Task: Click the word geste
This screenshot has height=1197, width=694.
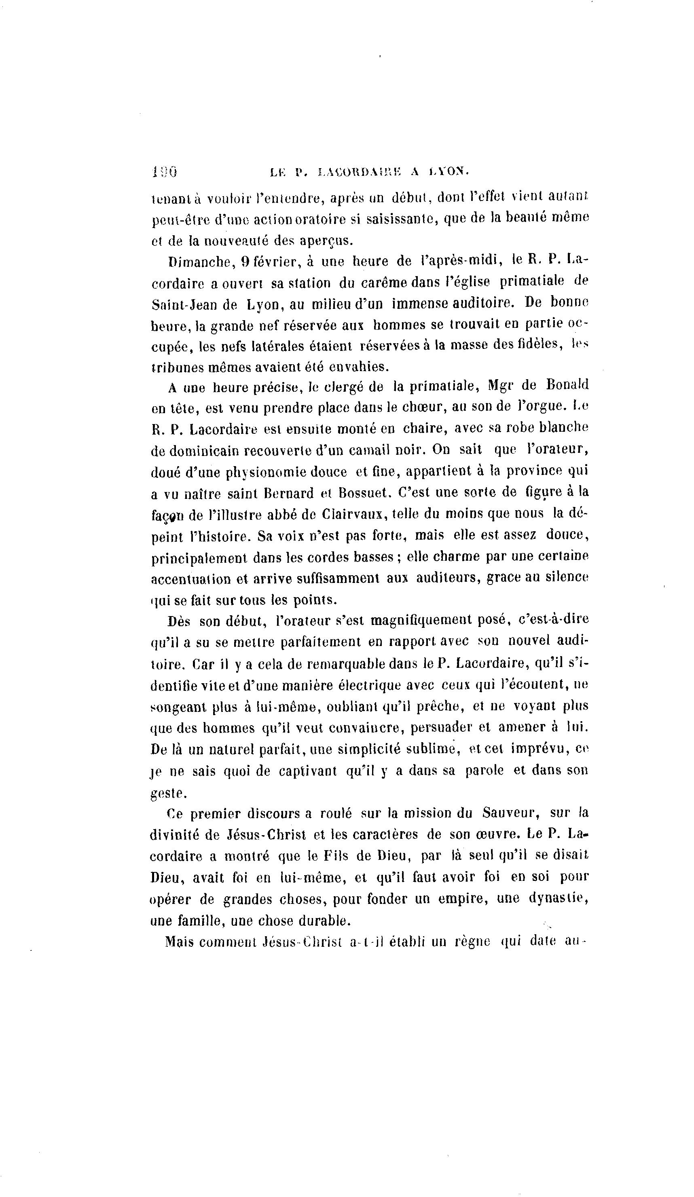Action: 168,793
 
